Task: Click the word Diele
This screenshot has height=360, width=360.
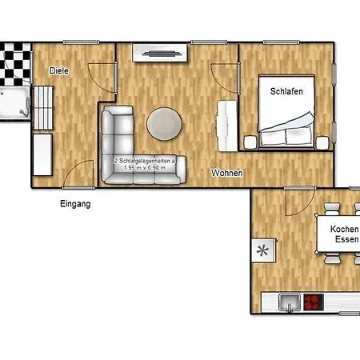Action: pos(59,71)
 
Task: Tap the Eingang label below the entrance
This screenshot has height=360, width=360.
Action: pos(75,204)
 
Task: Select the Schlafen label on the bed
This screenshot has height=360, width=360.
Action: pos(285,92)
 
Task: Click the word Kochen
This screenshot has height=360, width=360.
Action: pos(344,228)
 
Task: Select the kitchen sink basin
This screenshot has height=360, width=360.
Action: pos(287,304)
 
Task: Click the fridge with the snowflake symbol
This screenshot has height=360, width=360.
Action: pos(262,250)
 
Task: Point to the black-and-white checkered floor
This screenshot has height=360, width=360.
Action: pos(13,63)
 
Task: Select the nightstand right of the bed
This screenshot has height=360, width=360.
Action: pos(322,142)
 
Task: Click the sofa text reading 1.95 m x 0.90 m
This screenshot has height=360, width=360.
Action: pos(145,168)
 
